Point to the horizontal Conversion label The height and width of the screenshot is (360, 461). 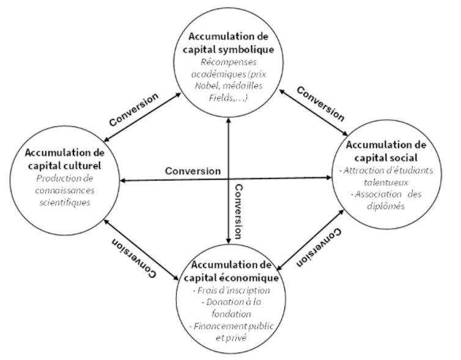click(193, 171)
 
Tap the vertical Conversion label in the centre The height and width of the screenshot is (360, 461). click(239, 211)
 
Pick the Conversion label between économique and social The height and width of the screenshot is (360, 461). click(319, 248)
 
